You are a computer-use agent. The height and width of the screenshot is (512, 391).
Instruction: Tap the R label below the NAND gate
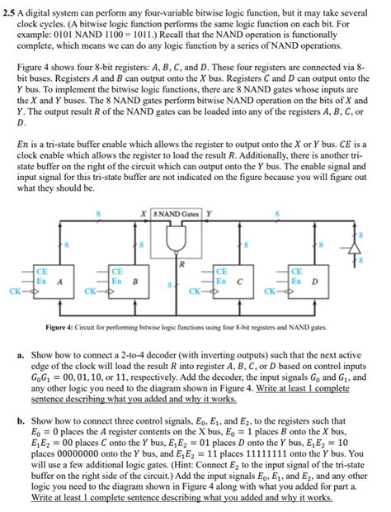point(181,264)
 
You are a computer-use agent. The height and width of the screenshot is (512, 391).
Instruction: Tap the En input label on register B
point(117,280)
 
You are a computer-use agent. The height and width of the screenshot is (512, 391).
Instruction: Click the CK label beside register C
point(195,291)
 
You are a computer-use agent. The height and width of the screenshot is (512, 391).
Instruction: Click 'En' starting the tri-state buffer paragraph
point(24,142)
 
